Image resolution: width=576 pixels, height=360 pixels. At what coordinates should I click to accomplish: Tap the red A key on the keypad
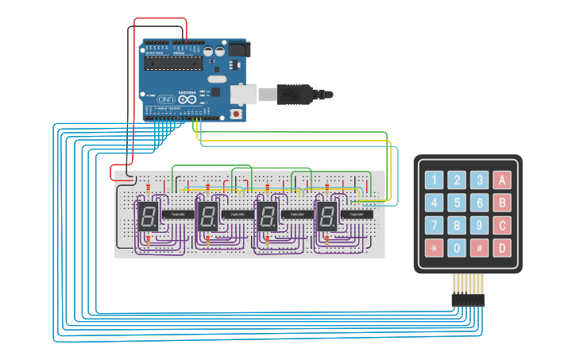[x=501, y=180]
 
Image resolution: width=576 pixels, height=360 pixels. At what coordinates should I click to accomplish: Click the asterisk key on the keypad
[x=434, y=247]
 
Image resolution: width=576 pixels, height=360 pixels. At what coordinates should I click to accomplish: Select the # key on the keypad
[x=479, y=247]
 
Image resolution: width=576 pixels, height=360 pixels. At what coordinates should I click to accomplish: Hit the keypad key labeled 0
[x=456, y=247]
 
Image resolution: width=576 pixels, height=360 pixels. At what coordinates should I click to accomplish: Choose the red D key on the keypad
[x=501, y=247]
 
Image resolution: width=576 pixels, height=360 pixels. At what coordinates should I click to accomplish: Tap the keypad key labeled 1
[x=434, y=180]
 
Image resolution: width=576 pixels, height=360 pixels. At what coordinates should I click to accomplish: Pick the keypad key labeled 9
[x=479, y=225]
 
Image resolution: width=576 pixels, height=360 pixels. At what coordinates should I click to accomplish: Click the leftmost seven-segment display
[x=147, y=216]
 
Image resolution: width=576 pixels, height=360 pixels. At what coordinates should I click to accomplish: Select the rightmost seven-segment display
[x=327, y=216]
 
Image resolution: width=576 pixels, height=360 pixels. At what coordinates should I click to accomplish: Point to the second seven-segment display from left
[x=207, y=216]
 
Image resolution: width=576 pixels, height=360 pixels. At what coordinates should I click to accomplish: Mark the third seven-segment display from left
[x=266, y=216]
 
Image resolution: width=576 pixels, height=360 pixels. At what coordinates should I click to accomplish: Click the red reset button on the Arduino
[x=236, y=114]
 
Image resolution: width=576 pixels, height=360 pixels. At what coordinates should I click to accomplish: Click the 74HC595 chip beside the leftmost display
[x=176, y=215]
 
